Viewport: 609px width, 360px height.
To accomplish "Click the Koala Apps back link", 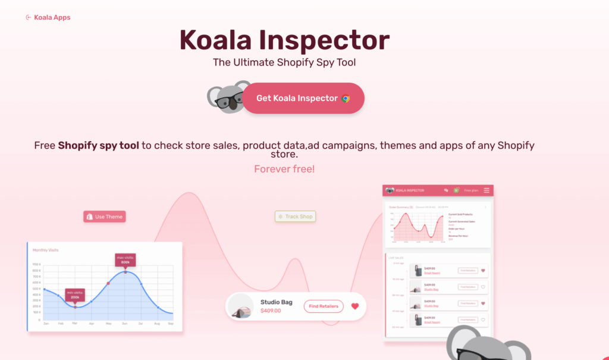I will [49, 17].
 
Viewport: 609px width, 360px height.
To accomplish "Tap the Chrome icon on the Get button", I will [346, 98].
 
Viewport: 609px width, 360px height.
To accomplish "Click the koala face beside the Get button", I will [225, 97].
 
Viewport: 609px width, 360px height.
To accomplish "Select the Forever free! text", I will [284, 169].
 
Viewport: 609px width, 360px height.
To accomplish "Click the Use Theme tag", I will [105, 217].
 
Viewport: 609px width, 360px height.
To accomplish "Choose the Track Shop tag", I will [295, 217].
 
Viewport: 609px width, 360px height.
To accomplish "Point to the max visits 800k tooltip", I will [125, 259].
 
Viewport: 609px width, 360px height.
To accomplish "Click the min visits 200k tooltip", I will [75, 295].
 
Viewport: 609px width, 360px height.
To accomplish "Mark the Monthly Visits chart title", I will [46, 250].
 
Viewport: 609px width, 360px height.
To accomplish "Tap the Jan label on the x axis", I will [46, 323].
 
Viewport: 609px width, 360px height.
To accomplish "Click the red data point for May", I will [108, 283].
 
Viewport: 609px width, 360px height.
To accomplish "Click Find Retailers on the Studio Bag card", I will [324, 306].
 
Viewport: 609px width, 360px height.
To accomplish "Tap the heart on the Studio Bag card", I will [355, 306].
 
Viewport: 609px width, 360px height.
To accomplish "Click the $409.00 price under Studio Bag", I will [271, 311].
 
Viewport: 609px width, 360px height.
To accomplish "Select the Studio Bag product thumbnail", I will [241, 307].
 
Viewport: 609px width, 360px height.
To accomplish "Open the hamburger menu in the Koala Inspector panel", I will [486, 190].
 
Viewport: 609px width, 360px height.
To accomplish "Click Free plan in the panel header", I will [470, 190].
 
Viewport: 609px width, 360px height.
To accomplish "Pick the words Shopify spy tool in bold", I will [99, 145].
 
